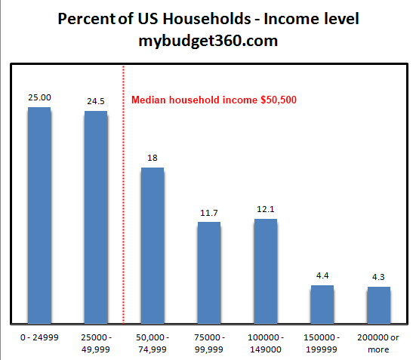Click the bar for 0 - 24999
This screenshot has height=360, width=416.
(39, 215)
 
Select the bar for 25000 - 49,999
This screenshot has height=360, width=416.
(96, 217)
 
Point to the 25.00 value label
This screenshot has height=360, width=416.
(39, 98)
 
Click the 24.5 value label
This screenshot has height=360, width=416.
(96, 101)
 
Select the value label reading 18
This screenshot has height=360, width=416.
(153, 157)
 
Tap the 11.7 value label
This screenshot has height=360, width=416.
(209, 212)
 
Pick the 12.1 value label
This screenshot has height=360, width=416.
(266, 209)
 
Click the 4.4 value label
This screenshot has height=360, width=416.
(322, 275)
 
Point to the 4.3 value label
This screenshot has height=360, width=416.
(379, 277)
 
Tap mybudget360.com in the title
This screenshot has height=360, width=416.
(208, 42)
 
